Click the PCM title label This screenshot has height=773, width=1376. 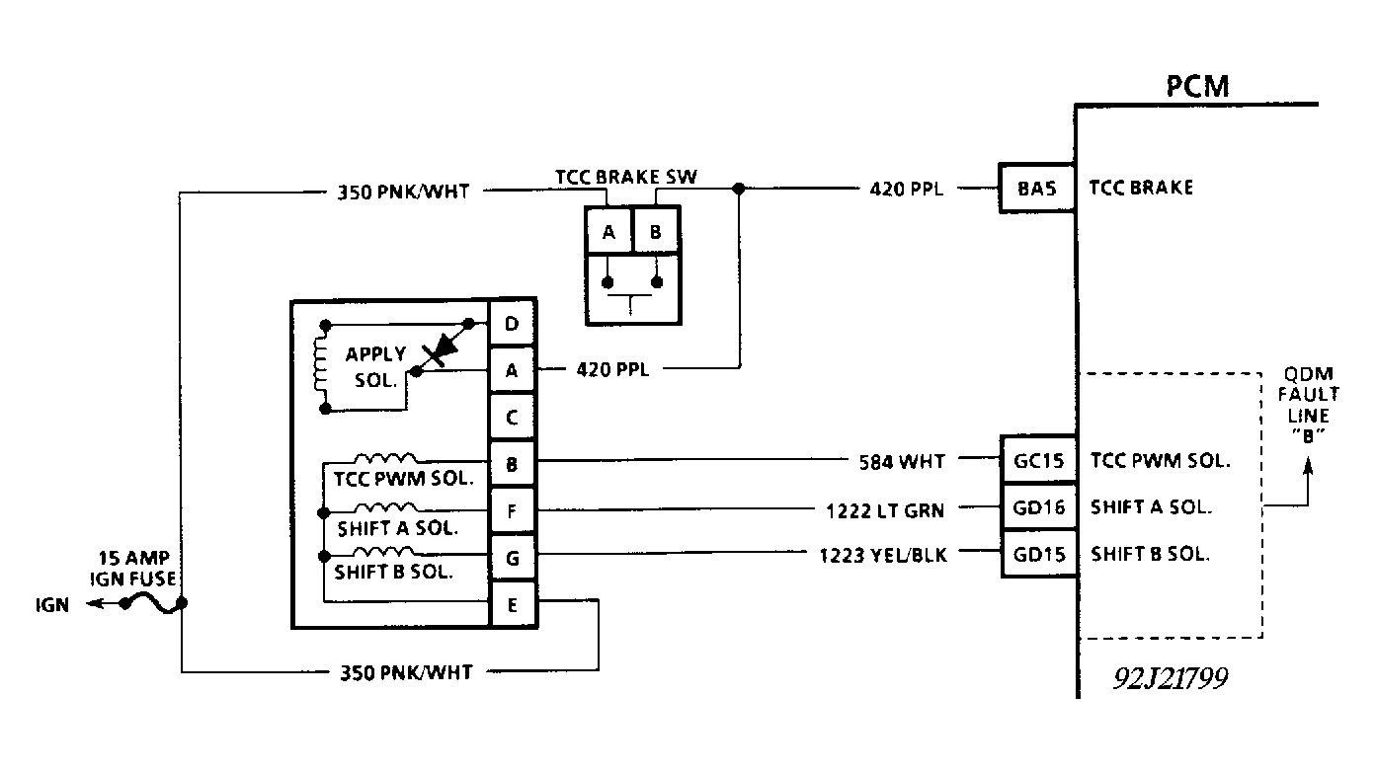[1197, 87]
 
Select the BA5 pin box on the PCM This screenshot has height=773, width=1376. [1037, 188]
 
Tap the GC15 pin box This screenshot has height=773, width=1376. [1039, 460]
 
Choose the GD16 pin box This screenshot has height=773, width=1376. [1039, 507]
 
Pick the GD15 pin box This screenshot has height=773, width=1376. [1039, 555]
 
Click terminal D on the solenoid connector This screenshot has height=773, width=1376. [513, 324]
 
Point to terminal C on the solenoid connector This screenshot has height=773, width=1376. [513, 418]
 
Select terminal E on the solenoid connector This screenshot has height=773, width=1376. [513, 605]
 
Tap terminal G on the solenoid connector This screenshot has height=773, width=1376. [513, 558]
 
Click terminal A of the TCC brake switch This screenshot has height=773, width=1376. [608, 231]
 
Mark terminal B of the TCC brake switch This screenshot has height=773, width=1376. [656, 231]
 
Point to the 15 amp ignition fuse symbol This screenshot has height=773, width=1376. [153, 604]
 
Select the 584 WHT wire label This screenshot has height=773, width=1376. [902, 462]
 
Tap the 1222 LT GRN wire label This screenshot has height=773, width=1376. [885, 510]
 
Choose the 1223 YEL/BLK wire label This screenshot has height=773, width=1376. [883, 556]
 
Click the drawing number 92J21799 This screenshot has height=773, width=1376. [1171, 678]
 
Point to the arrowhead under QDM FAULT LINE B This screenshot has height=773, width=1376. [1308, 466]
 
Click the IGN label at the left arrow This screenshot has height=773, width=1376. [52, 605]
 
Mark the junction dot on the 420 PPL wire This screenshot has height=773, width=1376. [739, 189]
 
